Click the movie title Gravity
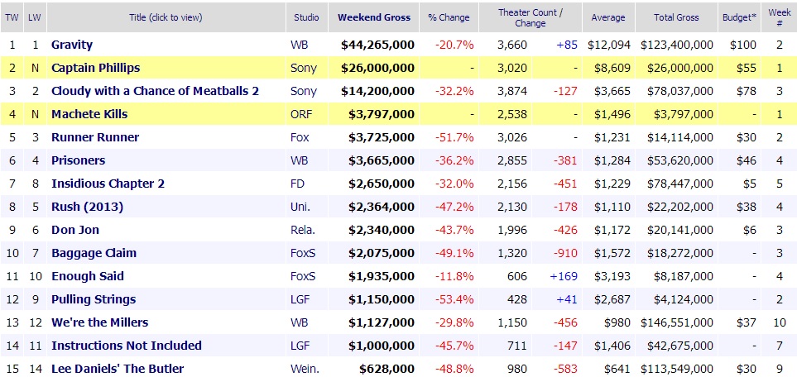click(x=72, y=45)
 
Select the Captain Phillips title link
click(x=95, y=68)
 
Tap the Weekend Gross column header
click(x=372, y=17)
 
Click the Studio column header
click(x=306, y=17)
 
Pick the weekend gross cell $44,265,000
click(x=377, y=45)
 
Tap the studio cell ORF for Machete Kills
click(x=301, y=114)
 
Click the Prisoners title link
click(x=78, y=160)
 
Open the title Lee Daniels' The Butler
click(x=118, y=369)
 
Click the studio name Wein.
click(x=304, y=369)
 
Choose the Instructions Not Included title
click(x=126, y=346)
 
